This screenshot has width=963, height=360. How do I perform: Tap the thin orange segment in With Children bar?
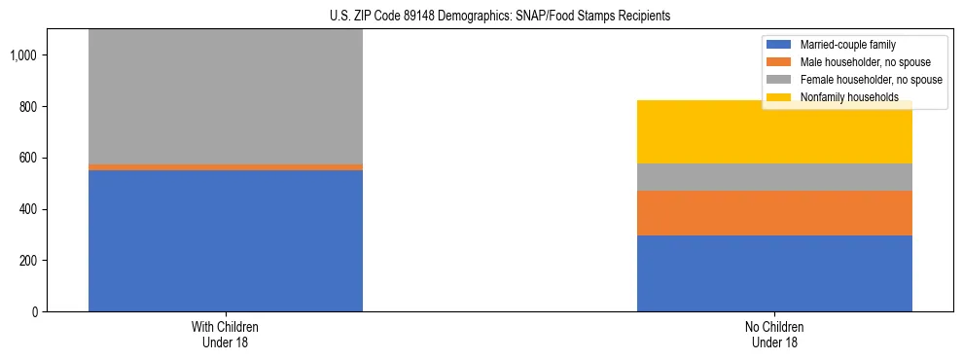point(226,167)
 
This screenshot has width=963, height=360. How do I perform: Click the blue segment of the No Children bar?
point(774,273)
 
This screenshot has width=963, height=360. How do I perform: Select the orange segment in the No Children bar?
point(774,213)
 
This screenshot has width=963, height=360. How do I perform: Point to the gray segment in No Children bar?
point(774,177)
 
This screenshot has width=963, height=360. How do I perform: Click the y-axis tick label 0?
point(36,312)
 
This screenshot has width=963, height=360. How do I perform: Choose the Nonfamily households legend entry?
point(842,97)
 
